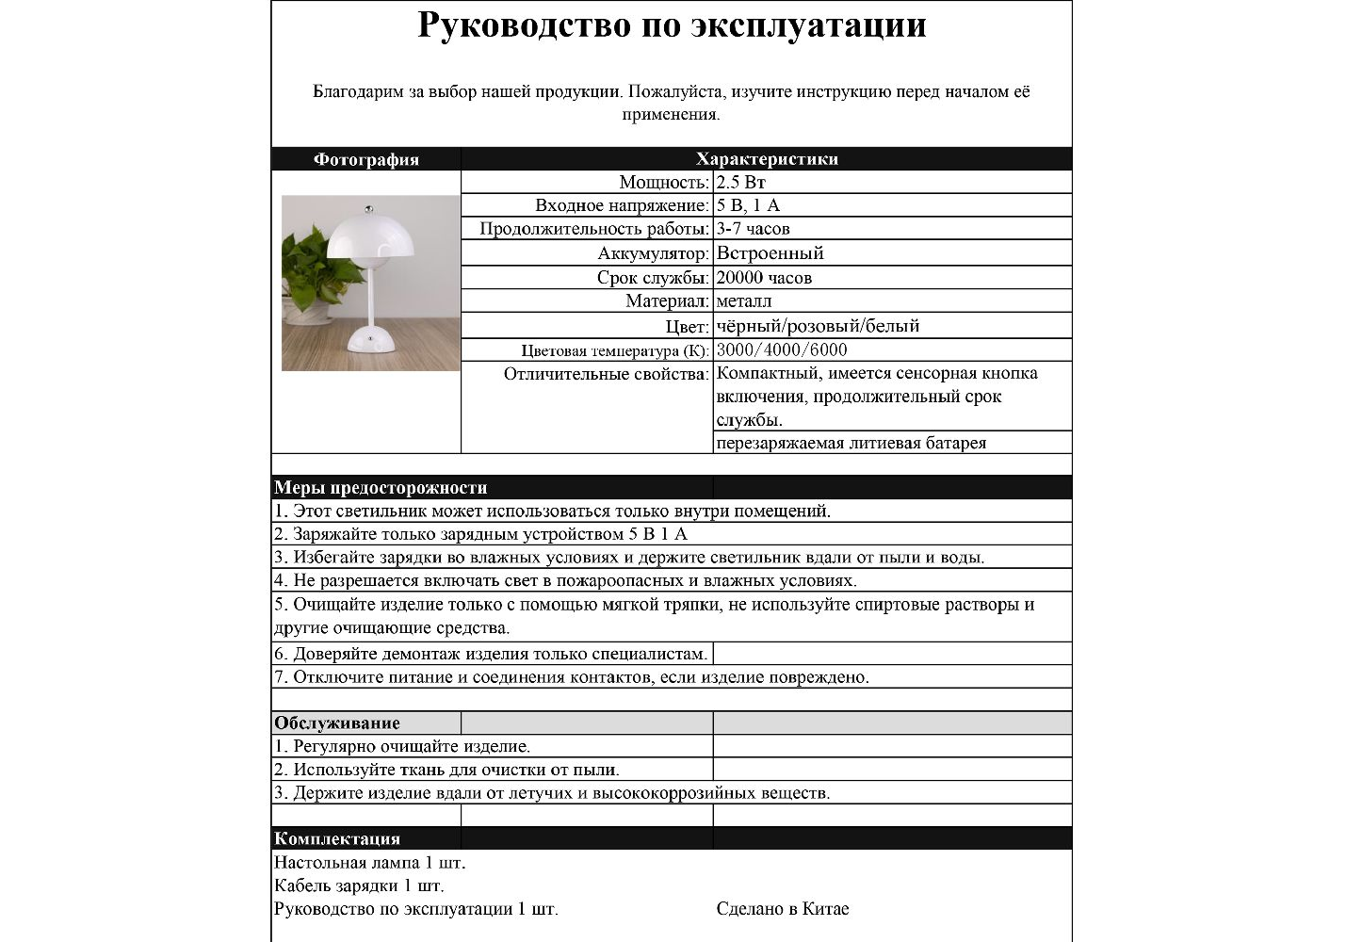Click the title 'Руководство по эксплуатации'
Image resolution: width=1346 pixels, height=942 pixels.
pos(672,25)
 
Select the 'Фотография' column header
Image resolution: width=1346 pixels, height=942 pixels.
pos(365,159)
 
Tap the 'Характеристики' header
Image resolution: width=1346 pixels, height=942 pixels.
pos(766,159)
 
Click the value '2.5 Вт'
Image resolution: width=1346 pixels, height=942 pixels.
pos(740,183)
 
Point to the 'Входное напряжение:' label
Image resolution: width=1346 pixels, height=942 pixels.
pos(622,205)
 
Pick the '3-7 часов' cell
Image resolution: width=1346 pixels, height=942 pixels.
pos(753,229)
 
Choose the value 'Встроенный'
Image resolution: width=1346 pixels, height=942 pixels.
pos(770,253)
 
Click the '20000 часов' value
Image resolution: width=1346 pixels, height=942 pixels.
pos(764,278)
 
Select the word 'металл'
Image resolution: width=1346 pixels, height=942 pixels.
pos(743,301)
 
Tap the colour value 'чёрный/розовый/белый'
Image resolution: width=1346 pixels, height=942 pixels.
pos(818,326)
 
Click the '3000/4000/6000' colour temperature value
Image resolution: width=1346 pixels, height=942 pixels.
pos(781,350)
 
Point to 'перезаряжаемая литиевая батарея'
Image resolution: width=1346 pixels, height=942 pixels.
pos(851,443)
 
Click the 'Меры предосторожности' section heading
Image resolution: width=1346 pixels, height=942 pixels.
pos(381,488)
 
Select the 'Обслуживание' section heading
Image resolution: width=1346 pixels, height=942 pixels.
pos(336,723)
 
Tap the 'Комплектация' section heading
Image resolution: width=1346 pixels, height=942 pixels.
pos(336,838)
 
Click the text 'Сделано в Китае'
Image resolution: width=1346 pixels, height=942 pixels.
pos(782,909)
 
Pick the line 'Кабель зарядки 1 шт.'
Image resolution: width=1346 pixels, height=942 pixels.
pos(359,885)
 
